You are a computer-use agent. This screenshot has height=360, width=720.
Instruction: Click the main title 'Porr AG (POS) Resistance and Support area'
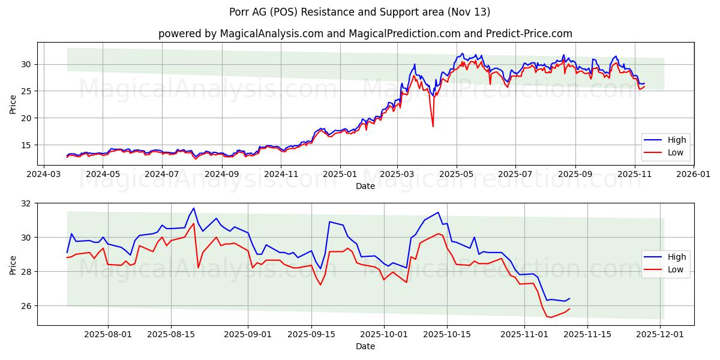[x=359, y=12]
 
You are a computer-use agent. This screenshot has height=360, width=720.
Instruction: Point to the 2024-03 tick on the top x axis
[x=44, y=175]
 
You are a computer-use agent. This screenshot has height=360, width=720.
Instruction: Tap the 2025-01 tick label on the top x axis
[x=340, y=175]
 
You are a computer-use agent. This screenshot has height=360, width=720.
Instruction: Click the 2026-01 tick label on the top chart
[x=694, y=175]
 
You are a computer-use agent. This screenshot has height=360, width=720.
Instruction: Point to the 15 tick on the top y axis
[x=27, y=145]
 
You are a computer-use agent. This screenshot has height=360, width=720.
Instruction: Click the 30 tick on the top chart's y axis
[x=27, y=64]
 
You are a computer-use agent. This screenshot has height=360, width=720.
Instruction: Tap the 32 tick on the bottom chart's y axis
[x=27, y=203]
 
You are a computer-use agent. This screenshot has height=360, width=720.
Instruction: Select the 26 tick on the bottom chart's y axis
[x=27, y=306]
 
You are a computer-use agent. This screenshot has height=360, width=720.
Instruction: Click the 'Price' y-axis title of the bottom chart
[x=13, y=264]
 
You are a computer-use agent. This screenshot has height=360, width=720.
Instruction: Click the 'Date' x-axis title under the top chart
[x=365, y=186]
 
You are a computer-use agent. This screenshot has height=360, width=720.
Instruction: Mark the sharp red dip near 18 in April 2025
[x=433, y=126]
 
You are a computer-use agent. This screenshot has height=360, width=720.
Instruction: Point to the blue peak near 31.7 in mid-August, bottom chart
[x=193, y=208]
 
